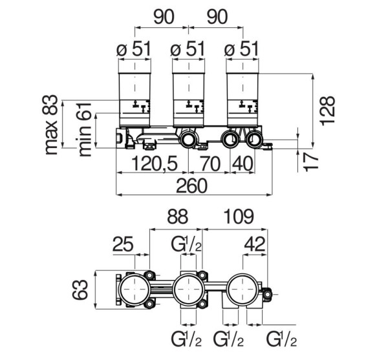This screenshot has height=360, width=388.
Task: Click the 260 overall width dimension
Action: (x=192, y=186)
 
